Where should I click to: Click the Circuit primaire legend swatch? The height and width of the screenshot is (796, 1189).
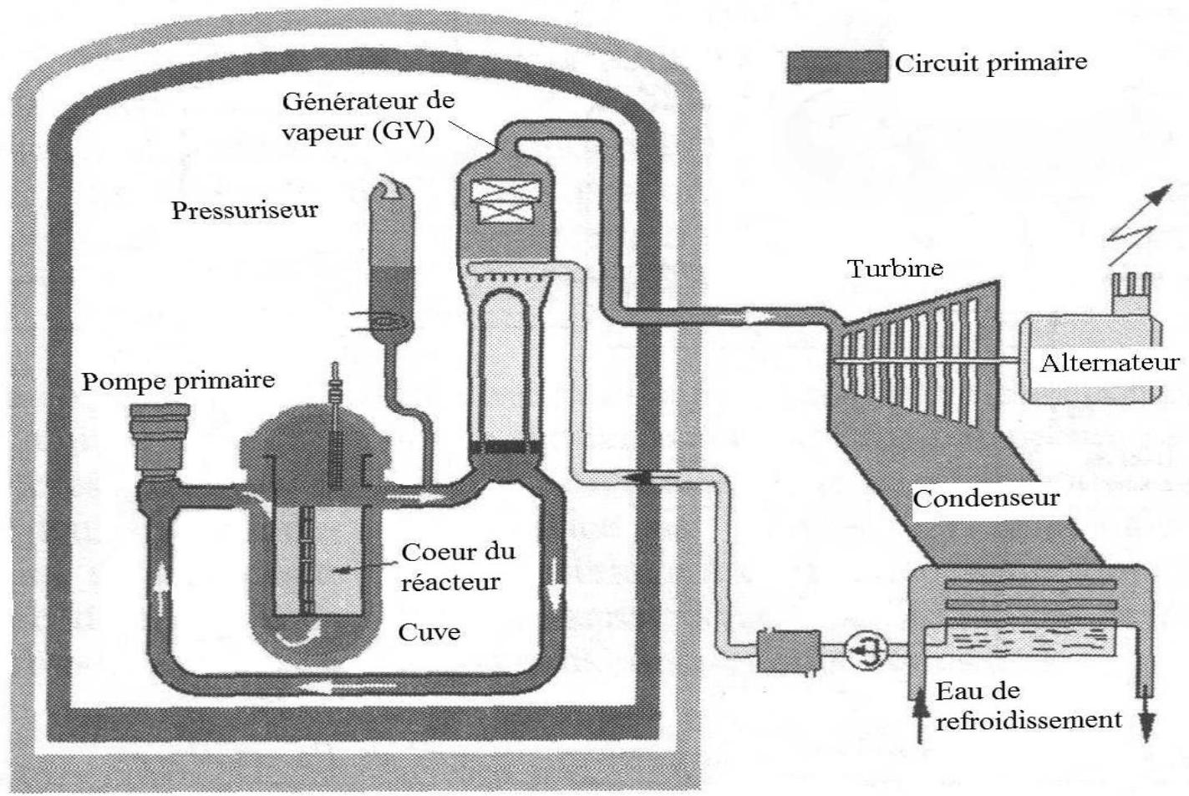[837, 66]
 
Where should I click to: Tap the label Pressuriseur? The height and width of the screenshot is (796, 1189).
[245, 210]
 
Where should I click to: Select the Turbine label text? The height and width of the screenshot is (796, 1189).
[896, 268]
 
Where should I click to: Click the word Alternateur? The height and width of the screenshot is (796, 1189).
[1110, 363]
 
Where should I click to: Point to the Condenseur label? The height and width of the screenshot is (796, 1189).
[986, 498]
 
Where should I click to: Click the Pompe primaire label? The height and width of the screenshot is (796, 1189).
[178, 381]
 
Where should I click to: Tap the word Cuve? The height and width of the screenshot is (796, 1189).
[429, 632]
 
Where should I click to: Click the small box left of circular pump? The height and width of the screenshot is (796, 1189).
[788, 651]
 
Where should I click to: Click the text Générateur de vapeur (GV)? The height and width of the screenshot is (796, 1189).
[368, 116]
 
